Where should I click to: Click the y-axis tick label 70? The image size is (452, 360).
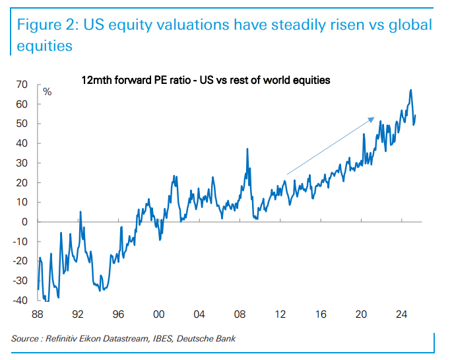coord(22,85)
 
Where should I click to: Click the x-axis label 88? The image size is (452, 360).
coord(39,314)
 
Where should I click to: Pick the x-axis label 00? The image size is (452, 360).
coord(159,314)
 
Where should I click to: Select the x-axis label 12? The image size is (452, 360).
coord(280,314)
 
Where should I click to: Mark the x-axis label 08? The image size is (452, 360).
coord(240,314)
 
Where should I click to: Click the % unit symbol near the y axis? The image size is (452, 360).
coord(47,92)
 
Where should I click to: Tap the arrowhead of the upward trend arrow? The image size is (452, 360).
coord(373,119)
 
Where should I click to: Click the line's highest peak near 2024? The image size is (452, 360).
coord(411,90)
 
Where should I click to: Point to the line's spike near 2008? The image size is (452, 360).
coord(247,149)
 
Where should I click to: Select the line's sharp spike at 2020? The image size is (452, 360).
coord(364,134)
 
